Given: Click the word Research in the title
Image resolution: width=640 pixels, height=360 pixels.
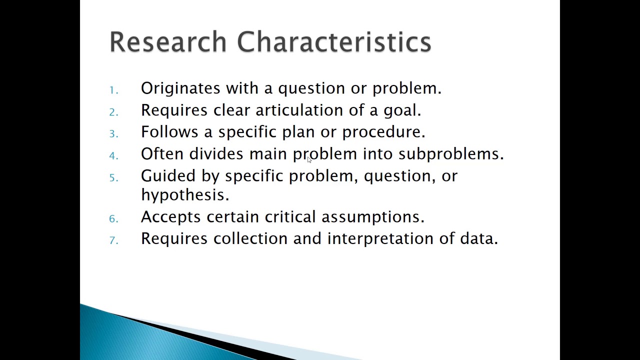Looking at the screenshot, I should [x=168, y=41].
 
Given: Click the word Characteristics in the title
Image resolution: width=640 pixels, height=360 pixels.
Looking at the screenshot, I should [x=334, y=41].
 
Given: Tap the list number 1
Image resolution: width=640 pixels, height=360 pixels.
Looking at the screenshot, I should [x=113, y=90].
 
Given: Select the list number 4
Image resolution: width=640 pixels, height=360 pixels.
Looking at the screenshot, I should [x=113, y=156].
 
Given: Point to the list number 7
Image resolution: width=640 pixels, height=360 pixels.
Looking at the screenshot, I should [x=113, y=240].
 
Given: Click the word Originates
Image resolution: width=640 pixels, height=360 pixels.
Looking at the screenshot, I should [x=180, y=88].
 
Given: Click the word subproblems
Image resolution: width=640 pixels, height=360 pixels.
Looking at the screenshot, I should [x=450, y=154].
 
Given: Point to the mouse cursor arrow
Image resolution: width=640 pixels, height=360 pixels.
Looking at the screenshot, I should [x=309, y=159].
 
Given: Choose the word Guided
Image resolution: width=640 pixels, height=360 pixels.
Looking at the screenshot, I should [x=168, y=176].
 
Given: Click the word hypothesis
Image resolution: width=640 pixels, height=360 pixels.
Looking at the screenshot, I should [x=184, y=195].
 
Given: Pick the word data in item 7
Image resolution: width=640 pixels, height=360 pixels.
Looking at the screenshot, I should [x=478, y=238].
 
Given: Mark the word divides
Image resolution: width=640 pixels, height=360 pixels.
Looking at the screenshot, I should [x=216, y=154].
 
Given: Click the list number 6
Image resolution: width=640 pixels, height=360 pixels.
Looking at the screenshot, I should [x=113, y=218].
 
